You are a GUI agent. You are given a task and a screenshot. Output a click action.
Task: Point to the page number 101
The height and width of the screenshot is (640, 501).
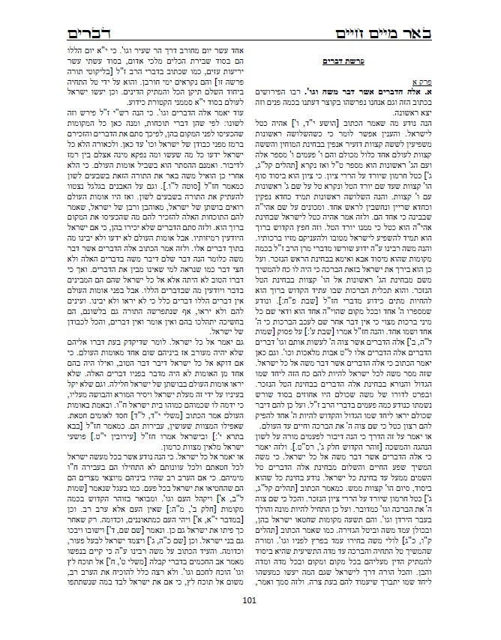click(250, 619)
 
